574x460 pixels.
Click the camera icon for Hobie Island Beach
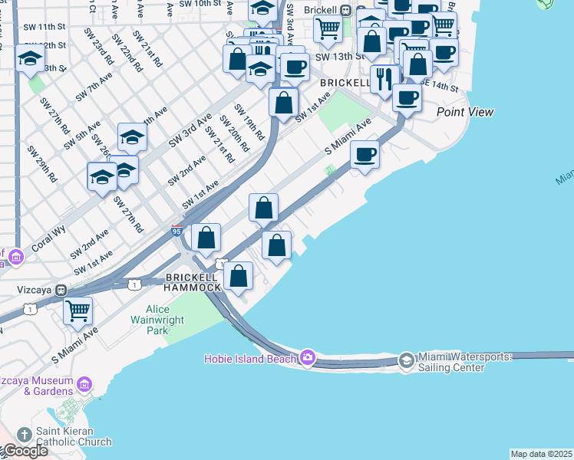[308, 357]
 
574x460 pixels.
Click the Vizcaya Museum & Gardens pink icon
[84, 383]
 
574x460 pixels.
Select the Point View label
[465, 112]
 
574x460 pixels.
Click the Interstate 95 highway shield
[176, 231]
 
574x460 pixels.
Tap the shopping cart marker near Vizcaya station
[78, 310]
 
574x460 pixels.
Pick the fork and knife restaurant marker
[384, 78]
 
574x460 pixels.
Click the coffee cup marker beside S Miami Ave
[365, 154]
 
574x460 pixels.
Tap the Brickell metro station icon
[346, 11]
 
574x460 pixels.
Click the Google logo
[25, 450]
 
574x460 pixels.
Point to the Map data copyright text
[541, 454]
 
